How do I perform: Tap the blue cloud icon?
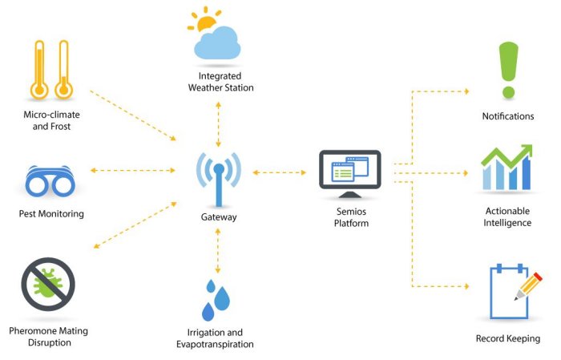pyautogui.click(x=218, y=44)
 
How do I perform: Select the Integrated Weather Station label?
pyautogui.click(x=216, y=83)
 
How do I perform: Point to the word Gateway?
pyautogui.click(x=219, y=217)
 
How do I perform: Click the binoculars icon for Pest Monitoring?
pyautogui.click(x=51, y=184)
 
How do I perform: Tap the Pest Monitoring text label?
pyautogui.click(x=51, y=214)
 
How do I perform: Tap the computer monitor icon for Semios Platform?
pyautogui.click(x=350, y=172)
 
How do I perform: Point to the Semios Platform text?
pyautogui.click(x=351, y=217)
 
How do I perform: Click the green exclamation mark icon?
pyautogui.click(x=508, y=69)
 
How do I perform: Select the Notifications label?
pyautogui.click(x=508, y=116)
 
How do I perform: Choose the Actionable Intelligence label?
pyautogui.click(x=508, y=216)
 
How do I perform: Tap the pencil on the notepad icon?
pyautogui.click(x=529, y=285)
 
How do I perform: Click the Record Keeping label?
pyautogui.click(x=508, y=338)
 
